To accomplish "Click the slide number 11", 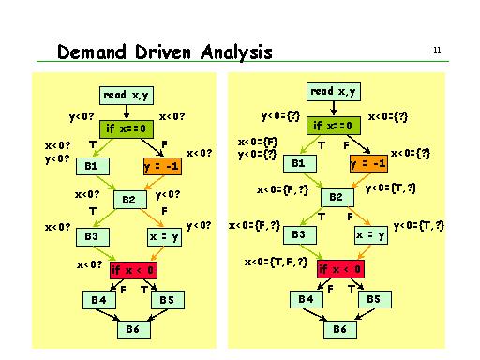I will pos(437,50).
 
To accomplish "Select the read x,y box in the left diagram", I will pos(127,95).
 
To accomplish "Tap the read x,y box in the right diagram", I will pos(334,92).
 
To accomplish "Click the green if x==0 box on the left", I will pos(127,127).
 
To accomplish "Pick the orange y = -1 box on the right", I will pos(367,163).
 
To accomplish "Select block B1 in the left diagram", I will pos(92,165).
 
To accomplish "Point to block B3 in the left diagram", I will pos(91,234).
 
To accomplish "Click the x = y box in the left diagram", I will pos(163,236).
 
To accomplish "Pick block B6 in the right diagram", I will pos(338,329).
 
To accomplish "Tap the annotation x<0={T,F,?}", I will pos(276,262).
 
